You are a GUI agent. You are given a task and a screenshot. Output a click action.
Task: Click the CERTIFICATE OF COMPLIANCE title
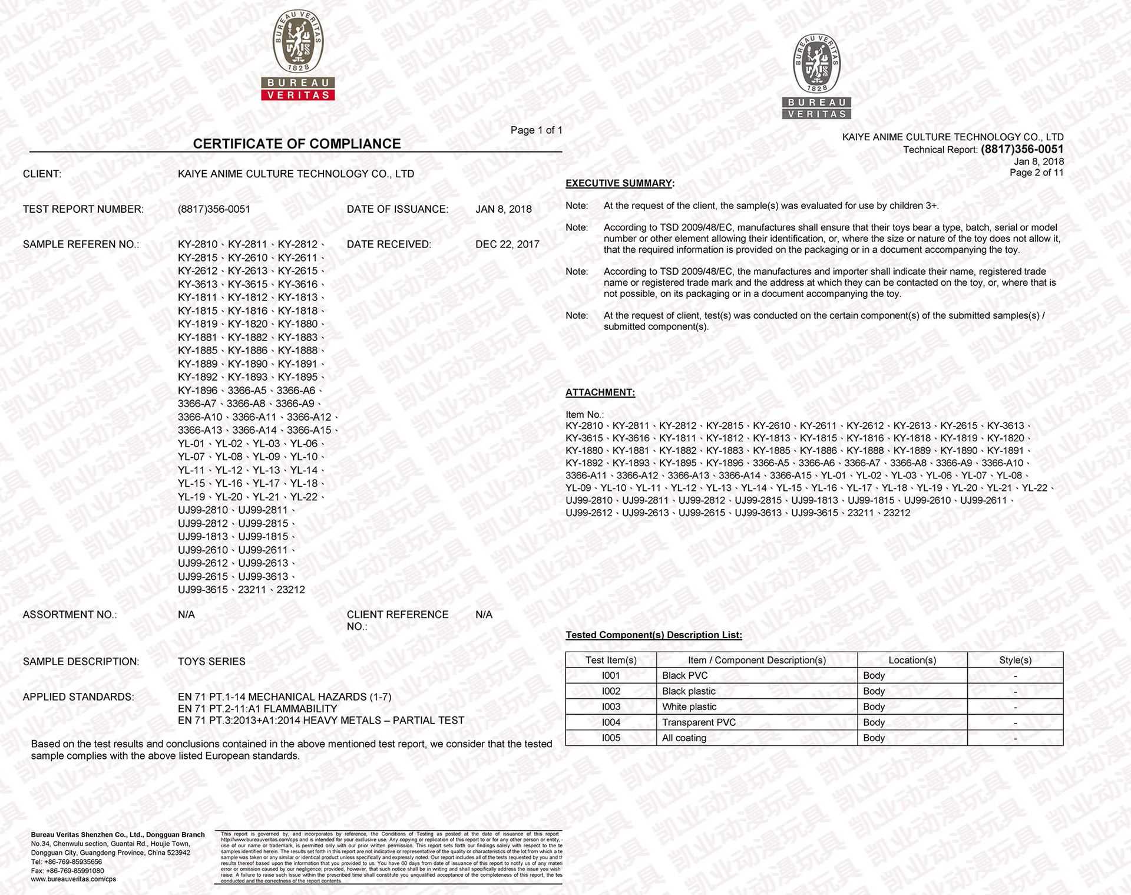[x=296, y=144]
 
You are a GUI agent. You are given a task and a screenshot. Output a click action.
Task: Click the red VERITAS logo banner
[x=298, y=95]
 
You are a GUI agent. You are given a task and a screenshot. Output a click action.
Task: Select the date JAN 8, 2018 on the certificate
[x=503, y=209]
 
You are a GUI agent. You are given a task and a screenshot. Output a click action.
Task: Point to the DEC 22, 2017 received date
[x=507, y=245]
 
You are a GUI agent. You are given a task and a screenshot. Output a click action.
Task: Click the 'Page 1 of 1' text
[x=536, y=130]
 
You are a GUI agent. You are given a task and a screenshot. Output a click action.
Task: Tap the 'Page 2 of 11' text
[x=1036, y=173]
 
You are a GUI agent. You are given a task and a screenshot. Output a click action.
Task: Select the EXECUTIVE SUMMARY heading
[x=619, y=183]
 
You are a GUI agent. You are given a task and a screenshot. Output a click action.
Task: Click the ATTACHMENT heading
[x=600, y=392]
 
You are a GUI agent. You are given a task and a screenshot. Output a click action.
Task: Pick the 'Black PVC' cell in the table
[x=684, y=676]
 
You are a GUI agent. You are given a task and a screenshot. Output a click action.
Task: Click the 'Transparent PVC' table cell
[x=699, y=722]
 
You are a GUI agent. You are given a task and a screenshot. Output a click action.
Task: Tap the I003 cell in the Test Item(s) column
[x=611, y=707]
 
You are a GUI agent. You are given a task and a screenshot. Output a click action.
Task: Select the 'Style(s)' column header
[x=1015, y=660]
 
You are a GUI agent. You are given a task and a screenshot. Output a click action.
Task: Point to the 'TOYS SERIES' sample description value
[x=211, y=662]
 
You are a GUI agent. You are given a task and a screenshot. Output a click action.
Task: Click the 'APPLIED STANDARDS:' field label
[x=78, y=697]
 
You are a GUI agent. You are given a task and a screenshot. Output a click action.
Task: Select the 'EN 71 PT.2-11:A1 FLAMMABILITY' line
[x=257, y=709]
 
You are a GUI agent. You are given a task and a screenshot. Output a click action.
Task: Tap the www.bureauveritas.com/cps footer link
[x=74, y=879]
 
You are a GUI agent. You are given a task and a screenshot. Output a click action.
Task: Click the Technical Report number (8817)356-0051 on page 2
[x=1022, y=150]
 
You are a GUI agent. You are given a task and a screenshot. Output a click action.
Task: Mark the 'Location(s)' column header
[x=912, y=660]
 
